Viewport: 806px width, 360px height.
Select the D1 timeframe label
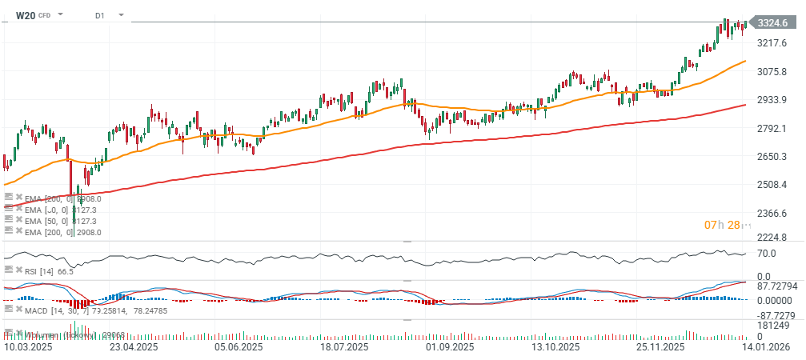[x=99, y=15]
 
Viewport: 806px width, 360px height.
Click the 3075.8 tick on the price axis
[x=774, y=71]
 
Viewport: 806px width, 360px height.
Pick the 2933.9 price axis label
[x=774, y=100]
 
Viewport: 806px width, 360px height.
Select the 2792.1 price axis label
[x=774, y=128]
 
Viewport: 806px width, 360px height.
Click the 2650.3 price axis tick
[x=774, y=156]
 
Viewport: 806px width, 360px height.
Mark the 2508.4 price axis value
[x=774, y=185]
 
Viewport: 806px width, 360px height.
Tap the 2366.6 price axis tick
[x=774, y=213]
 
